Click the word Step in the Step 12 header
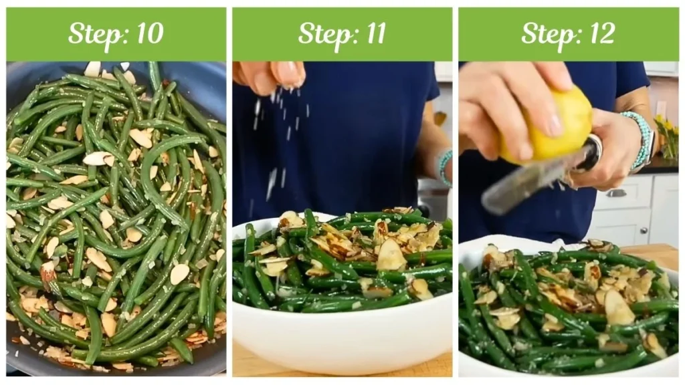(545, 34)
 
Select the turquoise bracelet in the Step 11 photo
(445, 166)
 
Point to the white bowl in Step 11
(341, 334)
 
